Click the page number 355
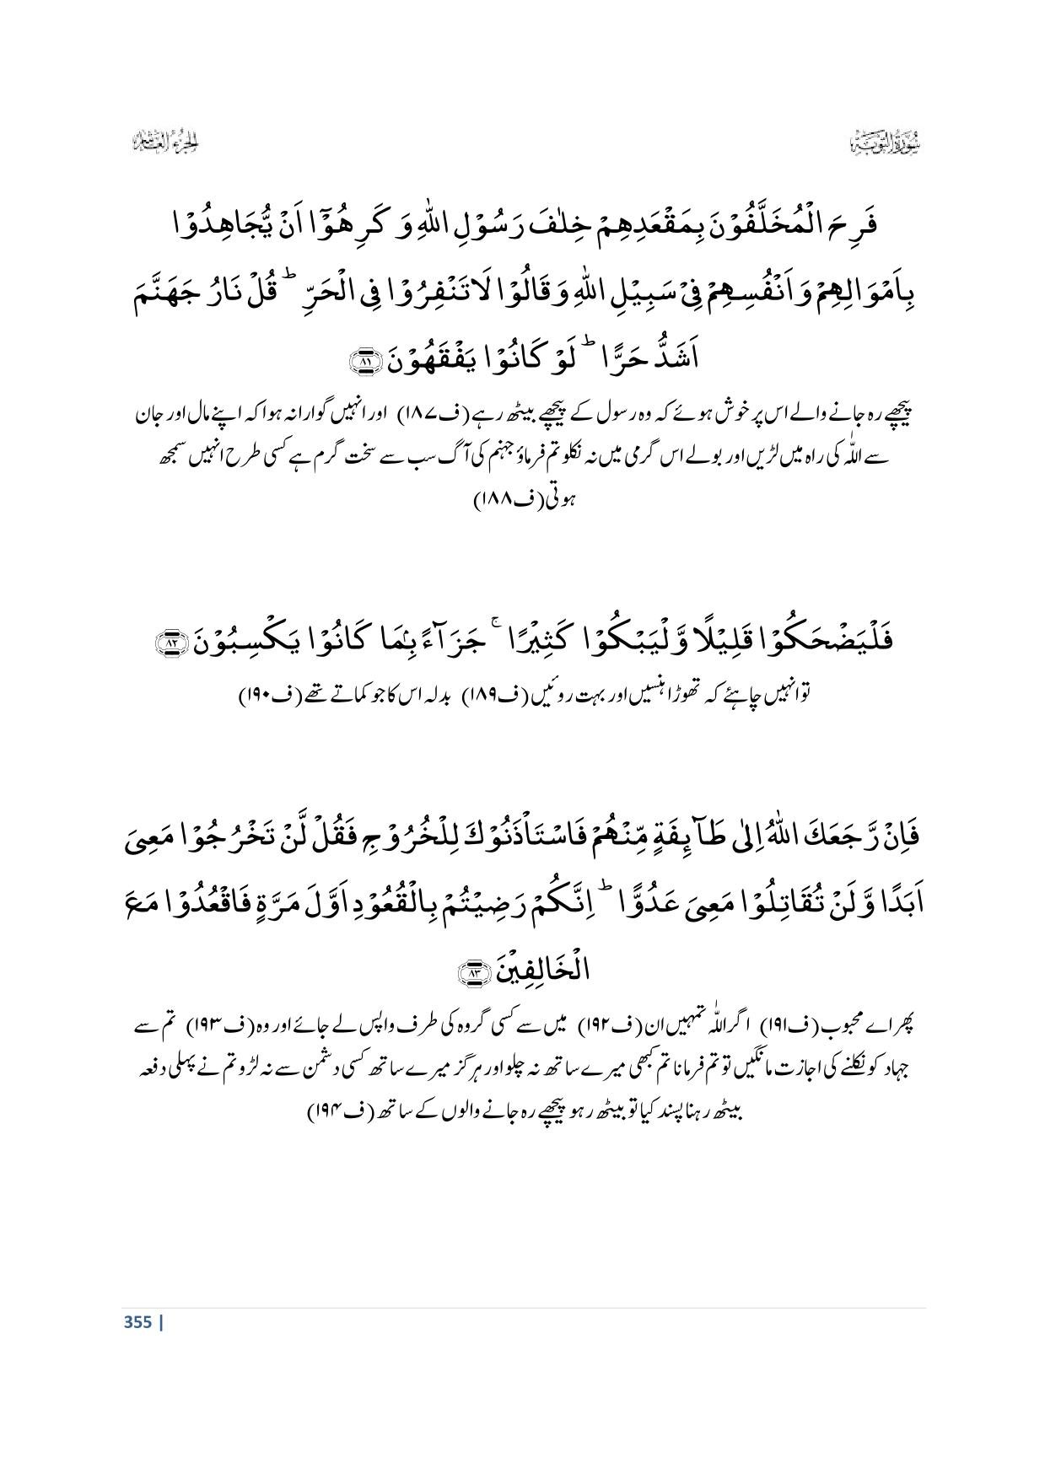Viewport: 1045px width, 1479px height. [138, 1322]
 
